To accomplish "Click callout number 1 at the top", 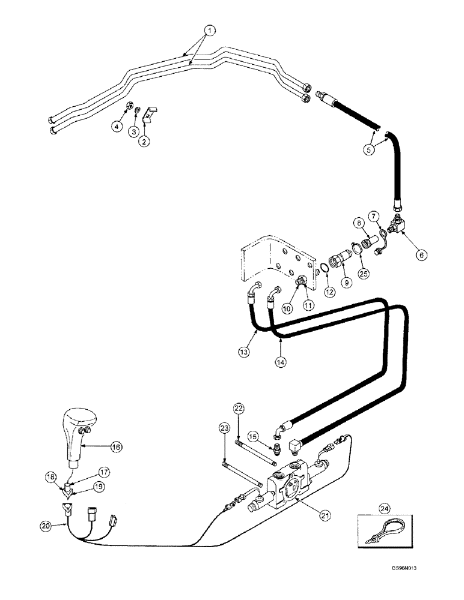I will click(x=210, y=29).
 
